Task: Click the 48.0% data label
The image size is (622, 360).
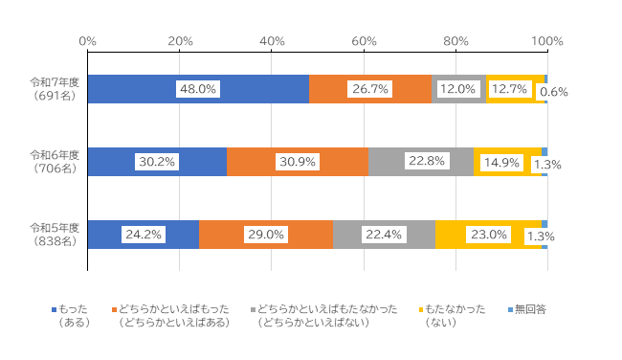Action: tap(198, 89)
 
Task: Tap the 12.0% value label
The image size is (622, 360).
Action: tap(458, 89)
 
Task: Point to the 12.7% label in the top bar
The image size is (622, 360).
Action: tap(510, 89)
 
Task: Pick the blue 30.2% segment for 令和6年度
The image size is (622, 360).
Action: tap(157, 162)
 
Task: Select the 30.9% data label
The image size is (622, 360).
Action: tap(298, 162)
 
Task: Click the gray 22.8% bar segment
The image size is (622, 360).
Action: tap(421, 162)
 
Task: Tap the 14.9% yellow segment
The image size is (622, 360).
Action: tap(507, 162)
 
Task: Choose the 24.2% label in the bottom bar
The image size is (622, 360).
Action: tap(143, 235)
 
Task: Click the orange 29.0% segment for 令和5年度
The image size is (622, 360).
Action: tap(265, 235)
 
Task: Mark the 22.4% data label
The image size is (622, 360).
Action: tap(384, 235)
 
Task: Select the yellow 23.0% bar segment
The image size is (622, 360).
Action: tap(488, 235)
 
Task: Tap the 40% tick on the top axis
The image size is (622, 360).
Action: tap(272, 41)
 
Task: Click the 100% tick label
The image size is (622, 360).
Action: tap(546, 41)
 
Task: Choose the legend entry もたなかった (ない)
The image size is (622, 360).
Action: tap(454, 316)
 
